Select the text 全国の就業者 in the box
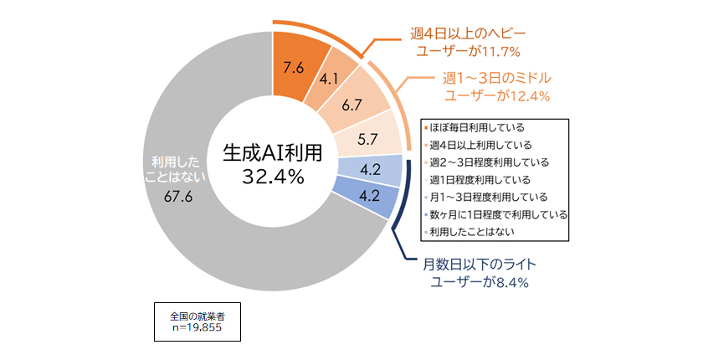coord(198,316)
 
